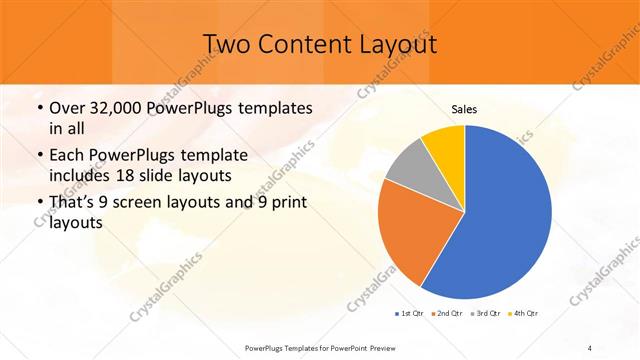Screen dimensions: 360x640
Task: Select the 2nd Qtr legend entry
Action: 447,314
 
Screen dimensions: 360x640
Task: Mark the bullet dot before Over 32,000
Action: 38,108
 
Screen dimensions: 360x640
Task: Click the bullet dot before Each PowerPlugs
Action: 38,156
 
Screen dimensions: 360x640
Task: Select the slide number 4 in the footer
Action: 590,347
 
